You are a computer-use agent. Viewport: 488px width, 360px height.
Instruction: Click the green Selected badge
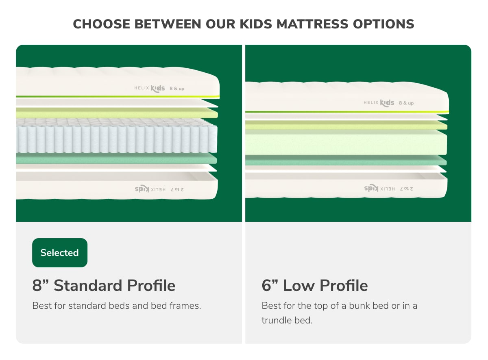(59, 253)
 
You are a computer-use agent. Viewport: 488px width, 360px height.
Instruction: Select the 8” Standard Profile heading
(104, 286)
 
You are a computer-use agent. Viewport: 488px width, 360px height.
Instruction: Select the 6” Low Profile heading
(314, 286)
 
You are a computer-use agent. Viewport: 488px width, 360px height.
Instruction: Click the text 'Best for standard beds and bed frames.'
(116, 306)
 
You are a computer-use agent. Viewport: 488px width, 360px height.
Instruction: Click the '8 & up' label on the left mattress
(177, 88)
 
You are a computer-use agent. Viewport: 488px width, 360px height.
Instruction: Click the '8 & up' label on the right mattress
(406, 103)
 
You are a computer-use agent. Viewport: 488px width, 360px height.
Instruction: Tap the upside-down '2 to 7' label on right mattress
(406, 189)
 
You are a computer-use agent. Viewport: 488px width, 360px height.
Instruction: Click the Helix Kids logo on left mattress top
(150, 88)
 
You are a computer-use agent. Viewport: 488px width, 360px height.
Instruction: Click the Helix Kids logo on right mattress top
(379, 103)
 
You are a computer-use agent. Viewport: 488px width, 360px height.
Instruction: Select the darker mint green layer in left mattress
(116, 159)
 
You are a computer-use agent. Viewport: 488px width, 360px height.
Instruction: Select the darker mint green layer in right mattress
(346, 161)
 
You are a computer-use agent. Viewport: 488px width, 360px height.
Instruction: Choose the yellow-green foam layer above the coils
(116, 113)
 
